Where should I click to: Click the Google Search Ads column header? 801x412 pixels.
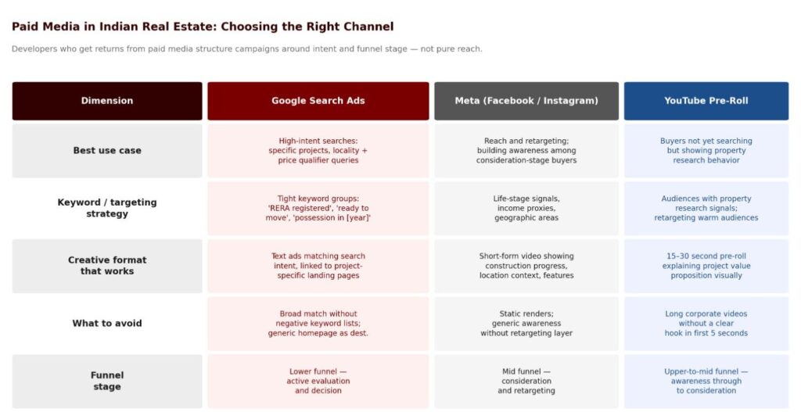(318, 101)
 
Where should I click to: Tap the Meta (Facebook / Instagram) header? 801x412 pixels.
(526, 101)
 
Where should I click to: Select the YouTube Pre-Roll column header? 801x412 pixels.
(706, 101)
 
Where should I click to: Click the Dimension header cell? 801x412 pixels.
(107, 101)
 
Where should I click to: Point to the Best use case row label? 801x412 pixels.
(107, 151)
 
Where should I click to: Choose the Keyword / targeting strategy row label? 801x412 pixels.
(107, 208)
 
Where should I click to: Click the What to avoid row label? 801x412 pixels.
(107, 323)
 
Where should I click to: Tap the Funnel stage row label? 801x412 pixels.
(107, 381)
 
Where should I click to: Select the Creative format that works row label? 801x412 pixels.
(107, 266)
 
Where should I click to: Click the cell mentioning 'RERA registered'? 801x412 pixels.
(318, 208)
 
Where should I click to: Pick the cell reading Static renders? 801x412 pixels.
(526, 323)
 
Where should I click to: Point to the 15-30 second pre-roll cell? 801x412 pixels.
(706, 266)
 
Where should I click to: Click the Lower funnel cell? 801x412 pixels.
(318, 381)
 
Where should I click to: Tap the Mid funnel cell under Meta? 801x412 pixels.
(526, 381)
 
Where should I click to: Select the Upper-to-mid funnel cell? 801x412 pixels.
(706, 381)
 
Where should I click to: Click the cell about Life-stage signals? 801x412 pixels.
(526, 208)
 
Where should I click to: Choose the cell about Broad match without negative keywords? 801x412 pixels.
(318, 323)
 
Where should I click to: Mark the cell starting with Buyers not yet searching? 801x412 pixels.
(706, 151)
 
